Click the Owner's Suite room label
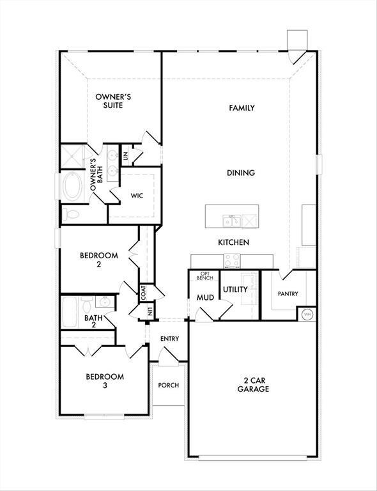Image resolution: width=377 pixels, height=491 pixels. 113,100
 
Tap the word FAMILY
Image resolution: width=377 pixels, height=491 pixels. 242,108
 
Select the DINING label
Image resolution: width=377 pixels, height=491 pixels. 241,173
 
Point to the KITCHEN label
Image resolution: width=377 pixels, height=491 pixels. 233,242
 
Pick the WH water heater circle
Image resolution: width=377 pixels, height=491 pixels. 307,314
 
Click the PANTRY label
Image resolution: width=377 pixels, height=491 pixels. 288,294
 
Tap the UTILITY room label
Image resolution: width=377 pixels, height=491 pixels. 235,290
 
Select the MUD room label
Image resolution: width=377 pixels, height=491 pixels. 204,297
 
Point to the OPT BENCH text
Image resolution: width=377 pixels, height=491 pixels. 204,276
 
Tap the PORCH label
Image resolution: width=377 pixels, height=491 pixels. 169,385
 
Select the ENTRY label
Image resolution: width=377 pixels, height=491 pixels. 169,339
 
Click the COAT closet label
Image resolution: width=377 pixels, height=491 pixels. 144,292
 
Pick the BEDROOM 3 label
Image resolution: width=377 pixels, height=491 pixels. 105,381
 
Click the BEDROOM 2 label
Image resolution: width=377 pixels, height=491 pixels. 98,260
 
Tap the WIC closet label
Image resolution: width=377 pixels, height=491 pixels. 137,196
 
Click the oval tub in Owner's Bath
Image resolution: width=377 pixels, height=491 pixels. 71,187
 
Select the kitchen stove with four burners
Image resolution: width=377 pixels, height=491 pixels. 232,260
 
